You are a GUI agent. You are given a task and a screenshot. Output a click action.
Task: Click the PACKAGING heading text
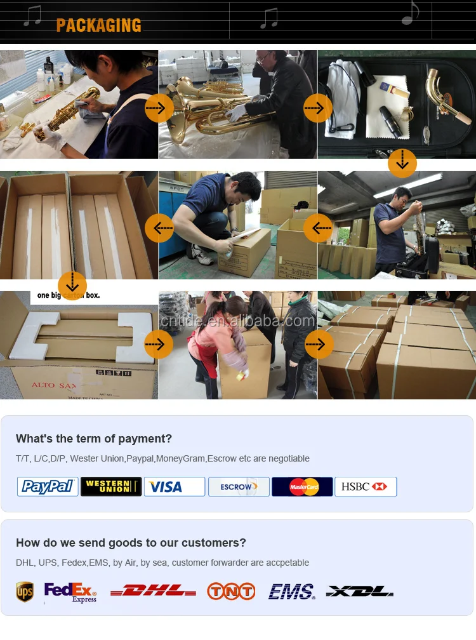[x=98, y=25]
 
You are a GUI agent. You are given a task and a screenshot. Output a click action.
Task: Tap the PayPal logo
[x=48, y=487]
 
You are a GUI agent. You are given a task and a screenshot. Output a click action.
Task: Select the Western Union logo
[x=111, y=487]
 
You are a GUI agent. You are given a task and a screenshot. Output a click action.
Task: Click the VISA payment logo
[x=174, y=487]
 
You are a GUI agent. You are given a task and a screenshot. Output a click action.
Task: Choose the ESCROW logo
[x=239, y=487]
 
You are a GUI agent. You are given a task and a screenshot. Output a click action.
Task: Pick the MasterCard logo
[x=302, y=487]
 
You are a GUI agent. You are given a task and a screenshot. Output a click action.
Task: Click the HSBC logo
[x=366, y=487]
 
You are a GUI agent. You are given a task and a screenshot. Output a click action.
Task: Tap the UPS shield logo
[x=25, y=592]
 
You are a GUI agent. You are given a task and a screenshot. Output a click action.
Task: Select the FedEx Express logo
[x=70, y=592]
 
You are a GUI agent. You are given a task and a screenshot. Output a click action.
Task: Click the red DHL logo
[x=153, y=592]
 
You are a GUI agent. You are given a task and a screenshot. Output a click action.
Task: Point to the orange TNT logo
[x=231, y=592]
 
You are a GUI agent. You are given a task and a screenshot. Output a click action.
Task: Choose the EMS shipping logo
[x=291, y=592]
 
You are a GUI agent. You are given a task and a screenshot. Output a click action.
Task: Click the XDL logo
[x=360, y=592]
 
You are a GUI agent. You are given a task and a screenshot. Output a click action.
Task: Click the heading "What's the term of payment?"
[x=94, y=439]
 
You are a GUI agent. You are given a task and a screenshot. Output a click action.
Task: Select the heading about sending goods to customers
[x=131, y=543]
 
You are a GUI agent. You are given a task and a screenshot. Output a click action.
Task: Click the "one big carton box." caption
[x=69, y=295]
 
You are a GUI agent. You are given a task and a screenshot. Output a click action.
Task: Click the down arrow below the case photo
[x=402, y=163]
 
